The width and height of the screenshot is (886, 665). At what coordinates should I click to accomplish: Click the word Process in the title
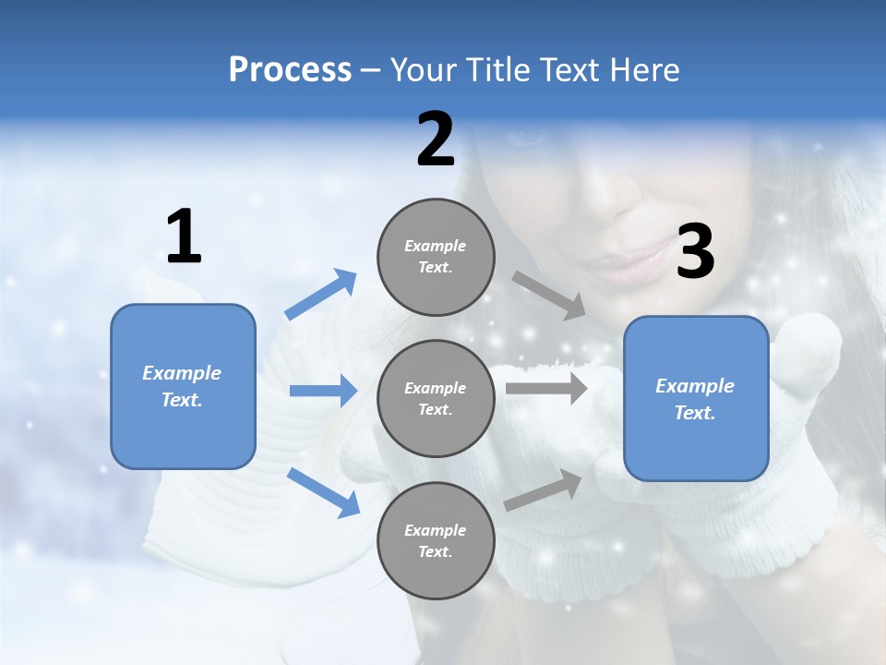290,70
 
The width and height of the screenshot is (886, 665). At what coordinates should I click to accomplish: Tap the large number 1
184,236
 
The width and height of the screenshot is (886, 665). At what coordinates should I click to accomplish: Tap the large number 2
436,139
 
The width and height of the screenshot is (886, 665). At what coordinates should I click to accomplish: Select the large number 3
695,251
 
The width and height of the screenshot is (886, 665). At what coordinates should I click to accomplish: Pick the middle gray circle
436,398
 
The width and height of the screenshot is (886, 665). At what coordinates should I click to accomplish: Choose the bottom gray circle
436,540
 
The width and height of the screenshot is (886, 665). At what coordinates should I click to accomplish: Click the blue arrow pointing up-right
320,295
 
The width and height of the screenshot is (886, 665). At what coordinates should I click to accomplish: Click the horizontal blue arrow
323,391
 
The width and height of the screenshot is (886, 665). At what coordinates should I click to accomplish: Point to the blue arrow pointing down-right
323,492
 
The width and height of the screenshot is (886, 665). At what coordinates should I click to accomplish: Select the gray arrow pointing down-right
549,295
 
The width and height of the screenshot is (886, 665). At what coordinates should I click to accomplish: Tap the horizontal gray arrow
546,388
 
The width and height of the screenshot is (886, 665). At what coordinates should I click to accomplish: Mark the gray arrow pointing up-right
544,490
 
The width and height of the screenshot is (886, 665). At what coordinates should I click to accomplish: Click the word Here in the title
645,70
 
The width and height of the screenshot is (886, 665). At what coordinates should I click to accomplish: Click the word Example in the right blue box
695,386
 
